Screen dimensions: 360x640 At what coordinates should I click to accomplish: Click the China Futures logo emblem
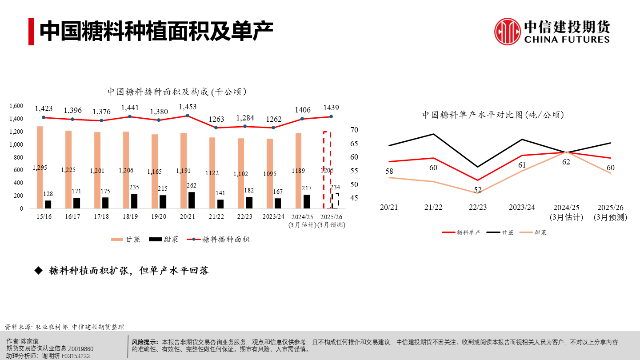pyautogui.click(x=508, y=32)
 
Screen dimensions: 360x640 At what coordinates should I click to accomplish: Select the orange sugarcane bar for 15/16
pyautogui.click(x=40, y=167)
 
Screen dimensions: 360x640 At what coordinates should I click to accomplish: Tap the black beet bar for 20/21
pyautogui.click(x=192, y=200)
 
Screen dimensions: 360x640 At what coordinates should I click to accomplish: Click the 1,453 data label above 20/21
pyautogui.click(x=187, y=107)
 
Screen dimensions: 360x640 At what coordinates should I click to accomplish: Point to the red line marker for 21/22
pyautogui.click(x=216, y=128)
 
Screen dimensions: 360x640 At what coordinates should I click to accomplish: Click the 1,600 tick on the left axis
pyautogui.click(x=16, y=106)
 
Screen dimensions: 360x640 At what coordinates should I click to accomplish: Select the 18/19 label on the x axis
pyautogui.click(x=130, y=216)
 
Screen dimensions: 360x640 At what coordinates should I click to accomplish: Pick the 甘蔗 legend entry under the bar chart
pyautogui.click(x=126, y=239)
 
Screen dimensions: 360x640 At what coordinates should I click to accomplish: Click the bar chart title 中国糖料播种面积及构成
pyautogui.click(x=177, y=92)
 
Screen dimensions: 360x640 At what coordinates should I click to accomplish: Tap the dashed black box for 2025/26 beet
pyautogui.click(x=335, y=200)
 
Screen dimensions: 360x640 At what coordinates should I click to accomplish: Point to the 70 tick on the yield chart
pyautogui.click(x=354, y=130)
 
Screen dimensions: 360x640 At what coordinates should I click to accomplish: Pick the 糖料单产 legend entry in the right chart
pyautogui.click(x=462, y=232)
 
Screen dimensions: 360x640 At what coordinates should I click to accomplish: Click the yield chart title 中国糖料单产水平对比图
pyautogui.click(x=493, y=115)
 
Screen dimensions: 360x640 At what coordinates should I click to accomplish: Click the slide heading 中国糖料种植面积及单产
pyautogui.click(x=156, y=31)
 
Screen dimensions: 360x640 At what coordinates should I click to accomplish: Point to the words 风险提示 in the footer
pyautogui.click(x=145, y=342)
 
